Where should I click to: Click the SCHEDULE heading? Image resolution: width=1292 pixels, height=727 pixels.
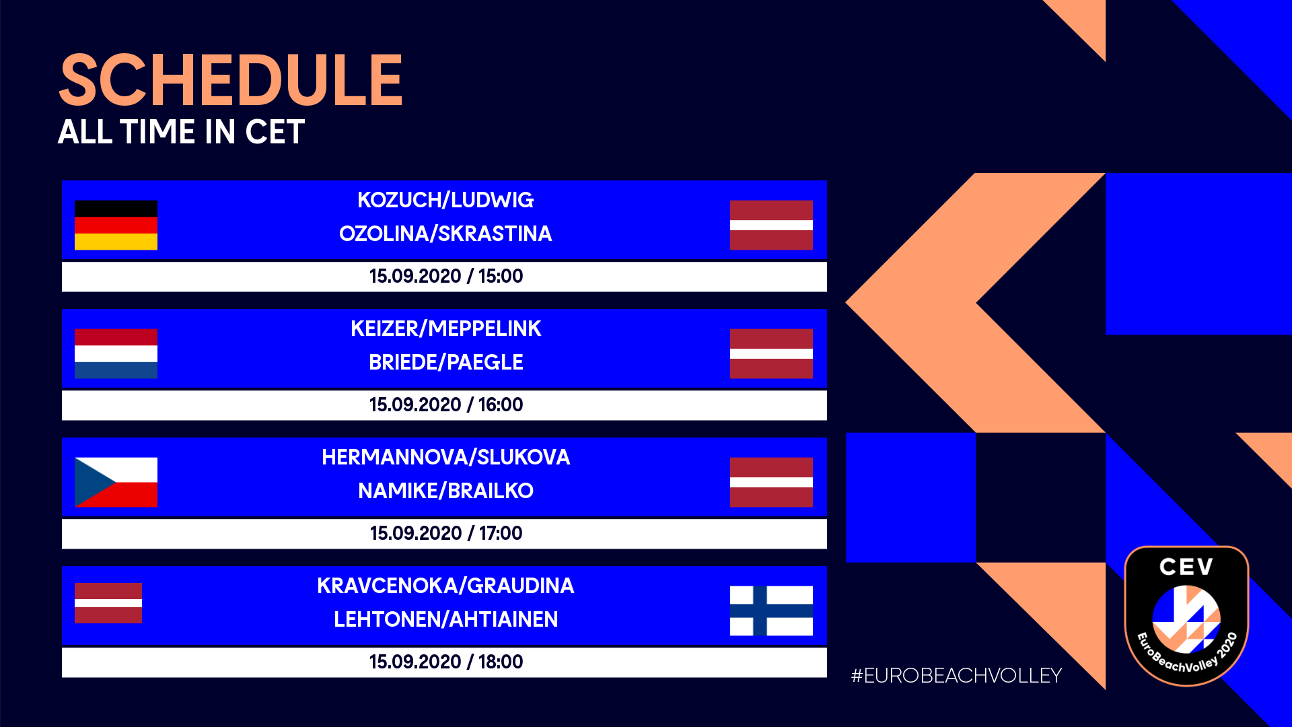pyautogui.click(x=231, y=80)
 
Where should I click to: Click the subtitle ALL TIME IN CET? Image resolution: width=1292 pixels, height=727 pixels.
pyautogui.click(x=182, y=132)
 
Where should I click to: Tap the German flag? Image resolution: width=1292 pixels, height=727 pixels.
pyautogui.click(x=116, y=225)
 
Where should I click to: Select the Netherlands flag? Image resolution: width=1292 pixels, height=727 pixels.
pyautogui.click(x=116, y=353)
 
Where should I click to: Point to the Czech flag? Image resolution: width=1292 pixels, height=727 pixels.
pyautogui.click(x=116, y=482)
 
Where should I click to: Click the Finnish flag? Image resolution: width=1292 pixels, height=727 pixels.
pyautogui.click(x=771, y=611)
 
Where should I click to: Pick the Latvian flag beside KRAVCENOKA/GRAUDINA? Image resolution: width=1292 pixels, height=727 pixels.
pyautogui.click(x=108, y=603)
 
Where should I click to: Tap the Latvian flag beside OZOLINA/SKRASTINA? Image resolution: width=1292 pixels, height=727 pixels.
pyautogui.click(x=771, y=225)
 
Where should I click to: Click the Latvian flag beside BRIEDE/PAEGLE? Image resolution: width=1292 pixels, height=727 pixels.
pyautogui.click(x=771, y=353)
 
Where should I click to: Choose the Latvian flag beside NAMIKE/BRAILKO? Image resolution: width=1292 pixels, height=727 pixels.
pyautogui.click(x=771, y=482)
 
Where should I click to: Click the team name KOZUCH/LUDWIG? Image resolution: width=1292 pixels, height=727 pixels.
pyautogui.click(x=445, y=200)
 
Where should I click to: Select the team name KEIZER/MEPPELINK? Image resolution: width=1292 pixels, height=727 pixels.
pyautogui.click(x=445, y=328)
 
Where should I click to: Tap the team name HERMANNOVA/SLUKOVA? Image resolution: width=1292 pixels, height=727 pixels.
pyautogui.click(x=445, y=457)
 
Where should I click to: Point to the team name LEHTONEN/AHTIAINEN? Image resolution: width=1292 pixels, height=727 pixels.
pyautogui.click(x=445, y=619)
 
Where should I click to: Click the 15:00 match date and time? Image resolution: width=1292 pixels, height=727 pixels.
pyautogui.click(x=445, y=276)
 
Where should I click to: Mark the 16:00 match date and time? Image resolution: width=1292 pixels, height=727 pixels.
pyautogui.click(x=445, y=405)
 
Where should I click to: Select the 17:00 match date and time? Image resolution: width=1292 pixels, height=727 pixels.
pyautogui.click(x=445, y=533)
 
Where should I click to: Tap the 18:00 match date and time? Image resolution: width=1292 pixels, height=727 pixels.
pyautogui.click(x=445, y=662)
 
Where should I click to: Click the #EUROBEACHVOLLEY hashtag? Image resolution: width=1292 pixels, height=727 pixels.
pyautogui.click(x=956, y=675)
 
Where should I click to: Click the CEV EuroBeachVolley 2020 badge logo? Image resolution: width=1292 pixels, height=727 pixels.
pyautogui.click(x=1186, y=616)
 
